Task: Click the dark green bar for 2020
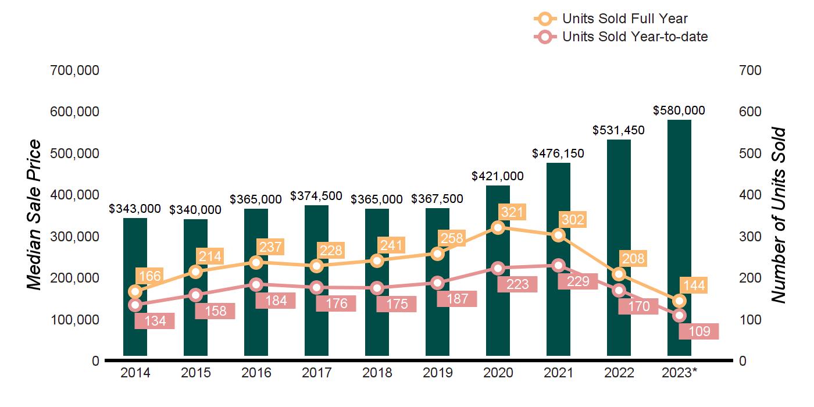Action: (498, 302)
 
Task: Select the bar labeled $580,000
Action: (679, 233)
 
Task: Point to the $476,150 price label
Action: (558, 153)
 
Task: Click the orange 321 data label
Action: (512, 212)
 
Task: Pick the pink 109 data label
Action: (699, 331)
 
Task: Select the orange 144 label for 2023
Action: (694, 285)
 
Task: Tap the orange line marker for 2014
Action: (135, 291)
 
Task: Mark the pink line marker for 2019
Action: (438, 283)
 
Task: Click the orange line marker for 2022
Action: (619, 274)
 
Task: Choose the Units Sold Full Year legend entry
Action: (624, 19)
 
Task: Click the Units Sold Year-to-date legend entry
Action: (634, 37)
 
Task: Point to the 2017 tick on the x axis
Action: (316, 373)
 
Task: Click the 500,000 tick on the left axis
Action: (76, 153)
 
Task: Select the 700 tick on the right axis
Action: (750, 70)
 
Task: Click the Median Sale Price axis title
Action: (35, 215)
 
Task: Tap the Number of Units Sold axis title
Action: (778, 215)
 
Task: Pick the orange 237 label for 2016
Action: (270, 247)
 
